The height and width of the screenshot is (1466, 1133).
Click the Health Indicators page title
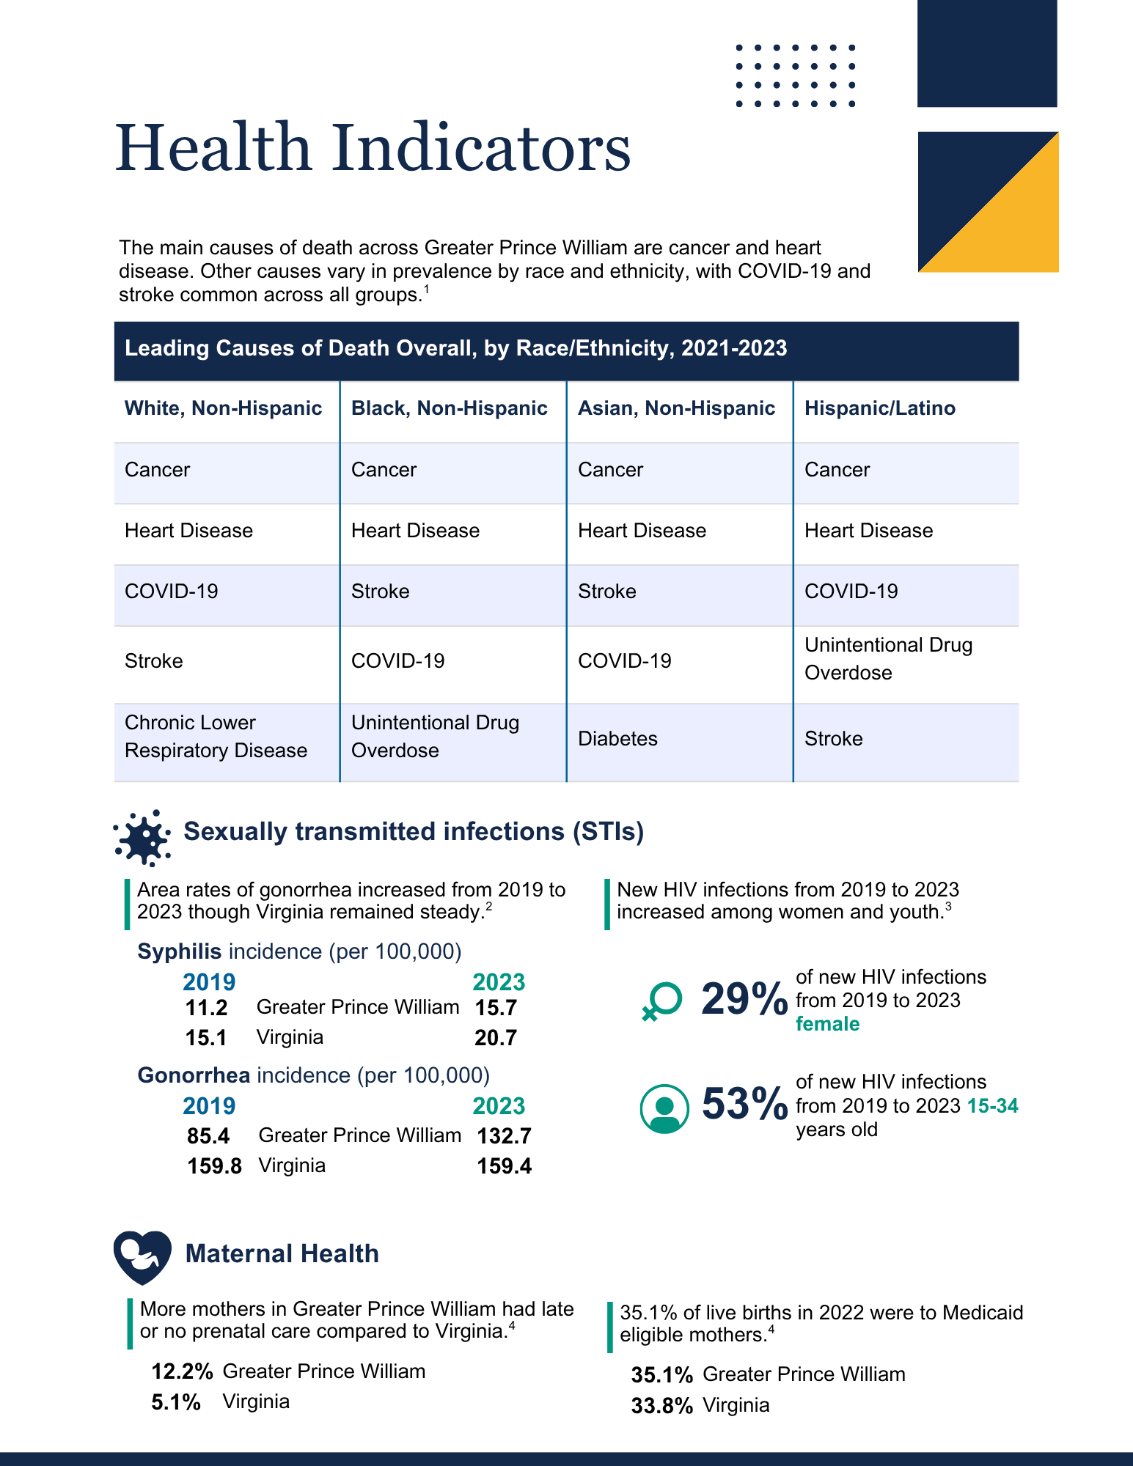click(x=373, y=148)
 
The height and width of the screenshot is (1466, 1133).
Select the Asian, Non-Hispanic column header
click(x=676, y=408)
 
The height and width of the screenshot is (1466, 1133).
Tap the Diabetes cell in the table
click(x=617, y=739)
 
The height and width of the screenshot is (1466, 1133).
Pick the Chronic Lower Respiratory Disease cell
click(x=216, y=737)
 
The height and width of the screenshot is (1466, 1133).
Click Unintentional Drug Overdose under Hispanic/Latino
click(x=888, y=659)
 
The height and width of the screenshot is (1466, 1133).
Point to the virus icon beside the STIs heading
click(x=142, y=837)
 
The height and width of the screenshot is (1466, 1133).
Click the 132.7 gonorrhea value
click(x=504, y=1136)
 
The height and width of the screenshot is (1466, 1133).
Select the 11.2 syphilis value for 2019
click(x=206, y=1008)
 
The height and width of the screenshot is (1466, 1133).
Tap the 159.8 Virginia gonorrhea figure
click(x=214, y=1166)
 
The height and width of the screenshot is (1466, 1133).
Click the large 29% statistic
click(x=744, y=999)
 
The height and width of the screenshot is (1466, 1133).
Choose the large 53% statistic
click(x=744, y=1104)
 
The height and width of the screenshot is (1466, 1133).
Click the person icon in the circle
click(x=664, y=1109)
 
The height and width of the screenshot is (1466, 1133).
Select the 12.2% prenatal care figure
click(x=182, y=1371)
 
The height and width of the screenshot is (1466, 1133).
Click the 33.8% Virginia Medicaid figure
click(x=661, y=1406)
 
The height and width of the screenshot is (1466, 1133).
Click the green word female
click(x=827, y=1024)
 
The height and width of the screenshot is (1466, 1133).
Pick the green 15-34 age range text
click(x=992, y=1106)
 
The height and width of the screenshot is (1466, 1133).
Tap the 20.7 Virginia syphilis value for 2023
click(x=496, y=1038)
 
